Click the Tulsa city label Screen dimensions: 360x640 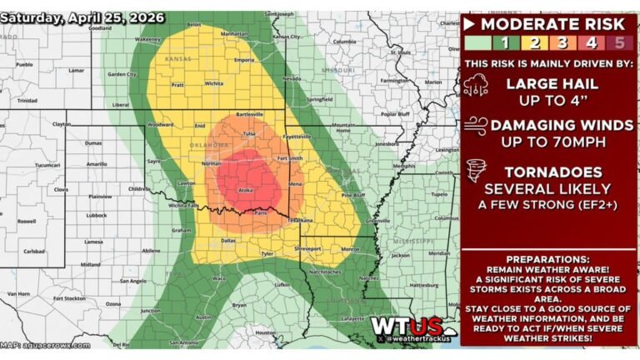coord(247,133)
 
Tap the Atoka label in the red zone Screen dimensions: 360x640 coord(246,190)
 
